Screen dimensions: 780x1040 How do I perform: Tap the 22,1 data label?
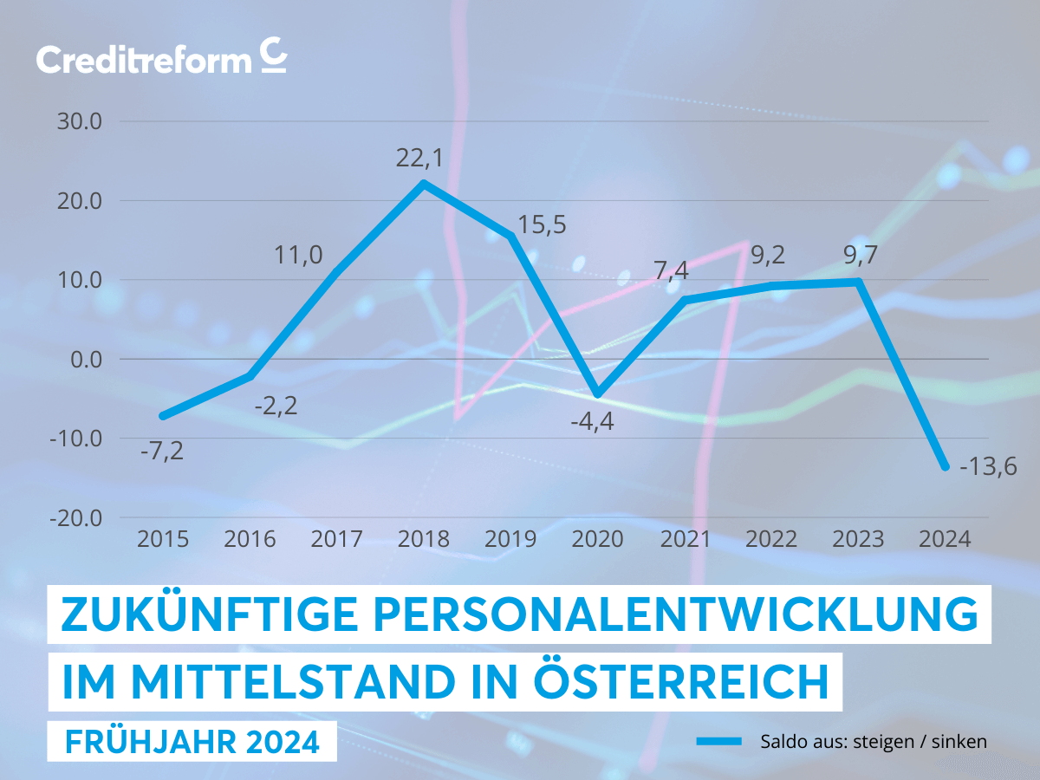click(x=423, y=158)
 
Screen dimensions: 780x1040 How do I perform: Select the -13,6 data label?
click(x=987, y=467)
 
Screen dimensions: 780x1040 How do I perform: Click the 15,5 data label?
click(x=542, y=224)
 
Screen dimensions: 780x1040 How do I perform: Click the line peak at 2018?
click(x=423, y=184)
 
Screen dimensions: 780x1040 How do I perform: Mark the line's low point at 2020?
click(x=597, y=394)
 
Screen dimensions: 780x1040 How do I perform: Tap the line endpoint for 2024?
click(x=945, y=466)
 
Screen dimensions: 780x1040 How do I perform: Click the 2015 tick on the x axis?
click(x=163, y=539)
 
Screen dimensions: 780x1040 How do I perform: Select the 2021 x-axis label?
click(x=685, y=539)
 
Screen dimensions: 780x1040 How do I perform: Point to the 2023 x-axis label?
click(x=858, y=539)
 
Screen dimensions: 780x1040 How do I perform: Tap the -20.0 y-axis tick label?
click(x=75, y=517)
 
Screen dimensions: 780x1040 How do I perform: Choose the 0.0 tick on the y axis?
click(x=84, y=359)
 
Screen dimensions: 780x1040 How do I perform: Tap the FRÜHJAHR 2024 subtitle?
click(x=192, y=742)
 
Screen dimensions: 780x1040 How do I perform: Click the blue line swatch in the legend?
click(x=718, y=741)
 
